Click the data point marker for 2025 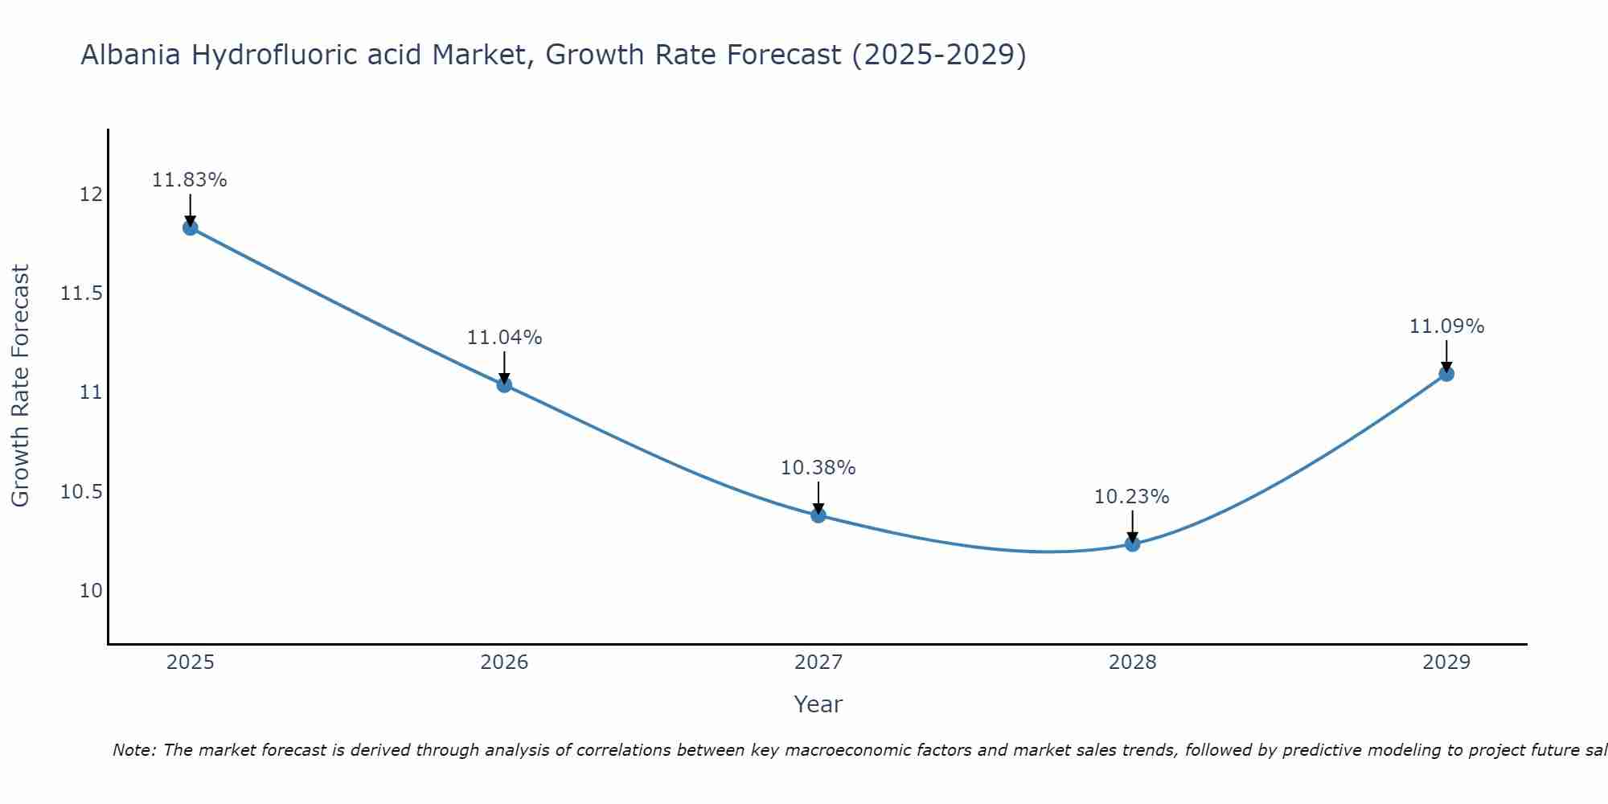tap(191, 228)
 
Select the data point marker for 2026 tap(504, 384)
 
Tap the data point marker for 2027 tap(818, 515)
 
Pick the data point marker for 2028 tap(1132, 544)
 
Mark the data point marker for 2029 tap(1446, 373)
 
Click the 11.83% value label tap(190, 180)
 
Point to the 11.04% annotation tap(504, 338)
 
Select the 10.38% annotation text tap(818, 468)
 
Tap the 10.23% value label tap(1132, 497)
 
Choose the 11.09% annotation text tap(1446, 326)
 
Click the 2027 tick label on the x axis tap(818, 662)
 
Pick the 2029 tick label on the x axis tap(1446, 662)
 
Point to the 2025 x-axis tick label tap(191, 662)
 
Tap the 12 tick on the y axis tap(91, 195)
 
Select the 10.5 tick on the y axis tap(82, 492)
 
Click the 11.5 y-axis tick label tap(82, 293)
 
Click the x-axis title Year tap(818, 704)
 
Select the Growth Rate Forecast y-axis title tap(20, 386)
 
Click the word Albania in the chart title tap(132, 55)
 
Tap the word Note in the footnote tap(133, 750)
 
